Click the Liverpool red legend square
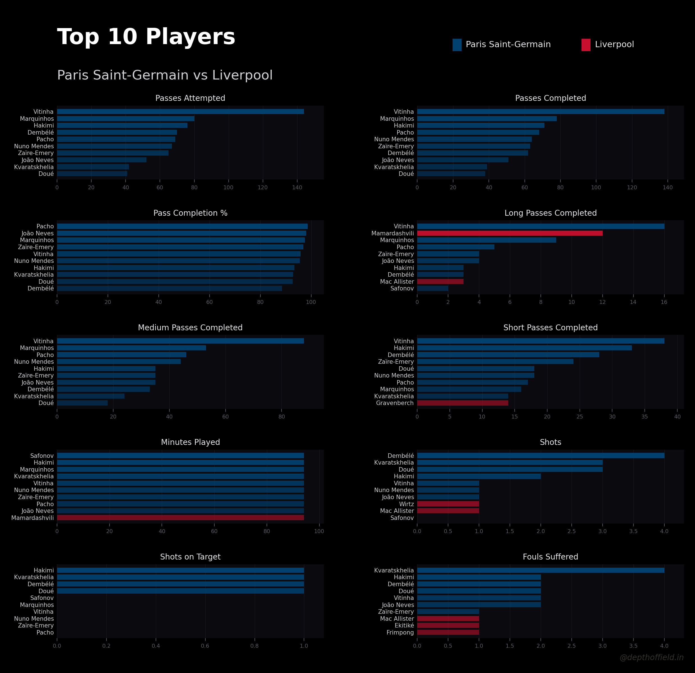point(586,45)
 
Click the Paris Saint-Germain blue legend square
point(457,45)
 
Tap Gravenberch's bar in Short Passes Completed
point(462,403)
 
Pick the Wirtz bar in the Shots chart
point(448,504)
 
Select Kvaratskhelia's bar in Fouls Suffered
point(540,570)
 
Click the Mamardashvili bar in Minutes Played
point(180,518)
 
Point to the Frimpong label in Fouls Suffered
point(400,633)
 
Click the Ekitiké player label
point(404,626)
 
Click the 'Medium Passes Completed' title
point(190,328)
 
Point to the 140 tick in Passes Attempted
point(297,188)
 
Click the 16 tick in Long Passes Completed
point(664,302)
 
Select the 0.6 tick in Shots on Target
point(205,646)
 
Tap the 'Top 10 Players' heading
point(146,37)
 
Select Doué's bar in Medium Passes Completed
point(82,403)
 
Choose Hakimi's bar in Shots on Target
point(180,570)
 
